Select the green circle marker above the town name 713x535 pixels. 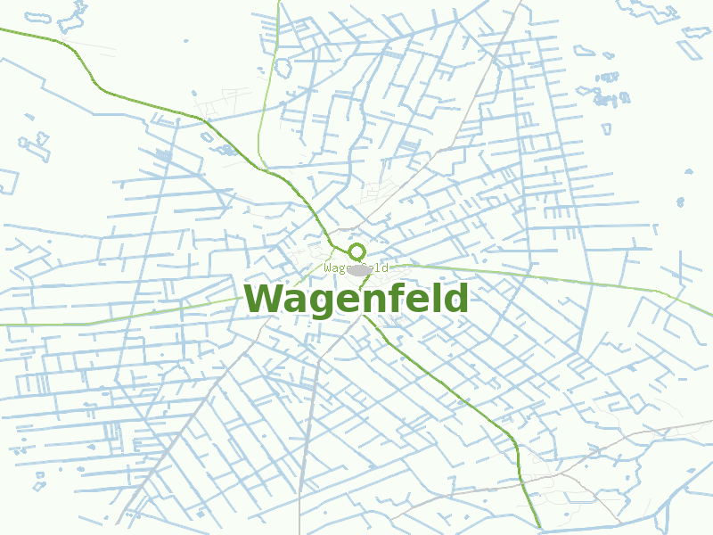point(356,251)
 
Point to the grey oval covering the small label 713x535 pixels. point(359,269)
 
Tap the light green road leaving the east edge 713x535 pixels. point(624,284)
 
